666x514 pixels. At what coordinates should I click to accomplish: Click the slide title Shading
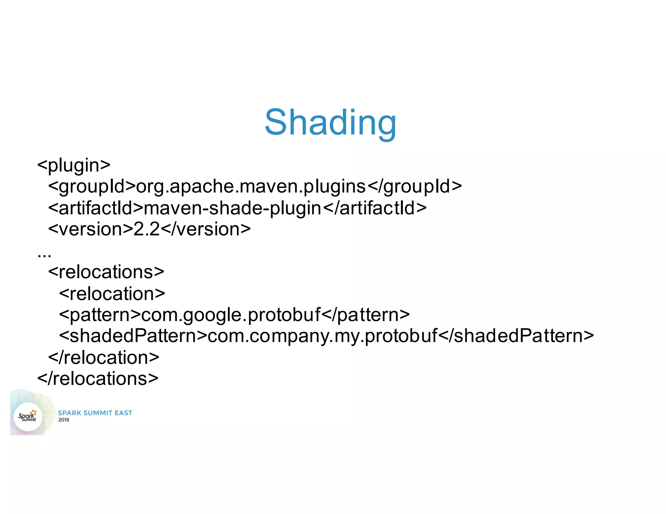coord(330,123)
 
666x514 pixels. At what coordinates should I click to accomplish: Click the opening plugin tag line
coord(74,165)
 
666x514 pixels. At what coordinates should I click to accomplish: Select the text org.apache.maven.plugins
coord(251,186)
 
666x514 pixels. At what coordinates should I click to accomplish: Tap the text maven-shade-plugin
coord(232,208)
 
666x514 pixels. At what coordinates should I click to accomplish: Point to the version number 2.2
coord(147,229)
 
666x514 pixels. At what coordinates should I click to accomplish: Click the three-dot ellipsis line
coord(44,254)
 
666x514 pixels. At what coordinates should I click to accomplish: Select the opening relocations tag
coord(106,272)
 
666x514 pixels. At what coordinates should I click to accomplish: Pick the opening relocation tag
coord(112,293)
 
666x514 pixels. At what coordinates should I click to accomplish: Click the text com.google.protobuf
coord(231,315)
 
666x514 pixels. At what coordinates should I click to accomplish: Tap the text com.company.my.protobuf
coord(322,336)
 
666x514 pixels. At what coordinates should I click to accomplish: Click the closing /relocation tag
coord(103,357)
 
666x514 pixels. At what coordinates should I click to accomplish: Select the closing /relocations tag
coord(98,379)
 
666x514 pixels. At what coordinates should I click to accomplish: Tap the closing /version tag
coord(206,229)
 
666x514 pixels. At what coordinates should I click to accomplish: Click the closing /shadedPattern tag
coord(516,336)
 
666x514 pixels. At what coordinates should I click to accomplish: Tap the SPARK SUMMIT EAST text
coord(95,413)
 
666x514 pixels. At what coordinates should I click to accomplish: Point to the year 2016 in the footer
coord(64,420)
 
